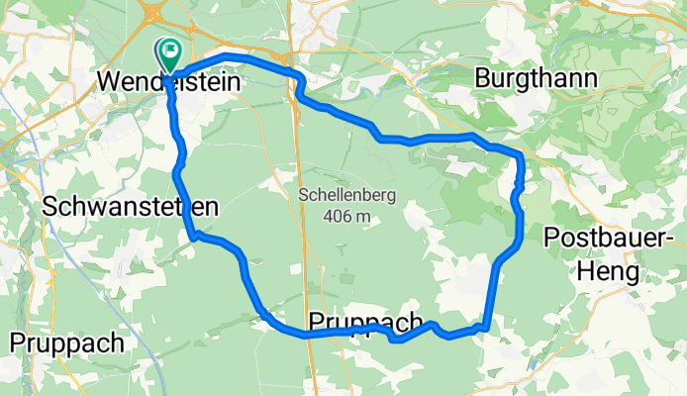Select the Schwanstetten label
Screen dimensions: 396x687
(129, 207)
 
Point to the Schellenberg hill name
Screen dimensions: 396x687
(346, 195)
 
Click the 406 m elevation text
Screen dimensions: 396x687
(346, 216)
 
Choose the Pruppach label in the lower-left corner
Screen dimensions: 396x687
(67, 343)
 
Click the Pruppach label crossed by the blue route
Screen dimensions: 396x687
(367, 323)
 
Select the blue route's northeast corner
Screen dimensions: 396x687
(519, 156)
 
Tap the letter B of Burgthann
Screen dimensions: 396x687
(483, 78)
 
